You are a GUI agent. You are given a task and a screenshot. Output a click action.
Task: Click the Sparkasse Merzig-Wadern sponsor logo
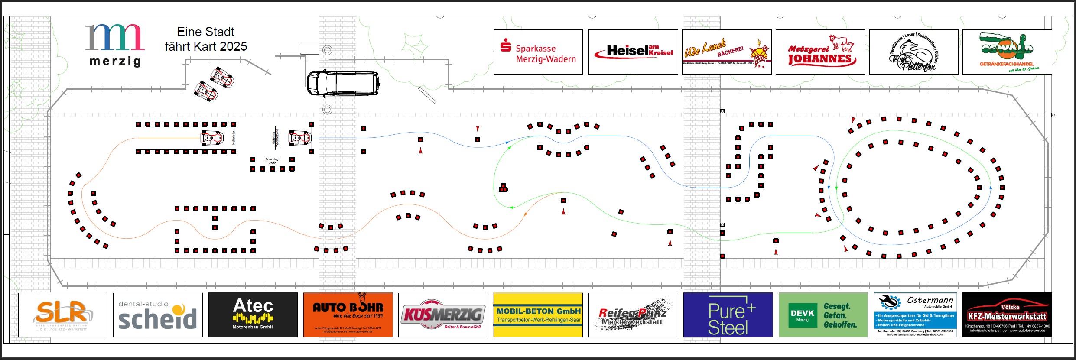[538, 52]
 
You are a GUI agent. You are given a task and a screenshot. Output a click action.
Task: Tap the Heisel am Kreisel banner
[633, 52]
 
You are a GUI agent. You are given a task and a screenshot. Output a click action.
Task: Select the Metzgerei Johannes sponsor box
[820, 52]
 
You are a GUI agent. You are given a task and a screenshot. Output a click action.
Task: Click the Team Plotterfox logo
[913, 52]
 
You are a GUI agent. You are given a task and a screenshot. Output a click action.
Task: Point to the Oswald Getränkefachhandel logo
[1007, 52]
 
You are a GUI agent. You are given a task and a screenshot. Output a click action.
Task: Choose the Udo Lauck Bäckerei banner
[726, 52]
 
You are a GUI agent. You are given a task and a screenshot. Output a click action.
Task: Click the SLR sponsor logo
[63, 315]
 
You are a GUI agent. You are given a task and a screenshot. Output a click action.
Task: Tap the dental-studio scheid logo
[158, 315]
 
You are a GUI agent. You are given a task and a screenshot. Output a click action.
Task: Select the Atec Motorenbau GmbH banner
[253, 315]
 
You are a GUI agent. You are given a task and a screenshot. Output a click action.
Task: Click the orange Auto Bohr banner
[348, 315]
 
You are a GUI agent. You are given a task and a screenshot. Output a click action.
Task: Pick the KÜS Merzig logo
[443, 315]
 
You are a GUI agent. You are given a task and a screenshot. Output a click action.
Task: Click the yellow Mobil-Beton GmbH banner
[538, 315]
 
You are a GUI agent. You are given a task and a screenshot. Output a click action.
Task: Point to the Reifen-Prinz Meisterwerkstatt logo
[633, 315]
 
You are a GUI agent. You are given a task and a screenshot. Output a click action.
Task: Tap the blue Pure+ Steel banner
[728, 315]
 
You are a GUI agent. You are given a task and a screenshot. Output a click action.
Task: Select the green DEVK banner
[823, 315]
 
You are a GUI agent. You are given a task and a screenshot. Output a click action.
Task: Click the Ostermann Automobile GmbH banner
[915, 315]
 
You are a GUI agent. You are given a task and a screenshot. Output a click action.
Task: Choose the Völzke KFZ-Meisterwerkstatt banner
[1007, 315]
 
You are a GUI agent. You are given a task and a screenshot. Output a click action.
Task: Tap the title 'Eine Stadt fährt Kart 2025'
[206, 39]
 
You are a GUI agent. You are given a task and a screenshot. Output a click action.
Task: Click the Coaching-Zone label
[272, 161]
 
